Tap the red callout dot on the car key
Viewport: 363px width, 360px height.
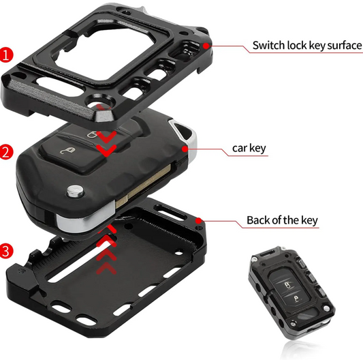185,147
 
